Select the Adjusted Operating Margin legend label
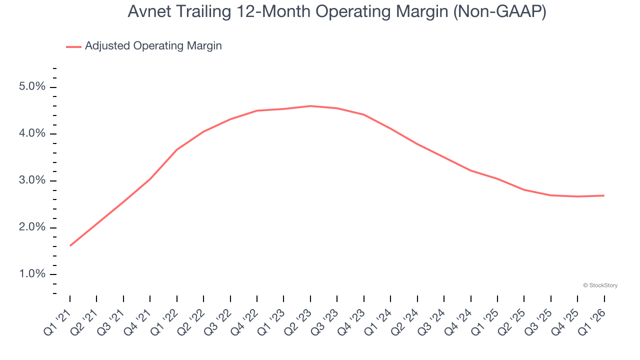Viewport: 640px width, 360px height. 153,46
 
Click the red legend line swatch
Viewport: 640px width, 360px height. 73,46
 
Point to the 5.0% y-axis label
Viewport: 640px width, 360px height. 33,87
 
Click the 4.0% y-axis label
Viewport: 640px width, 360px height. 33,134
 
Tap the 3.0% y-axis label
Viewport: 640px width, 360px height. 33,180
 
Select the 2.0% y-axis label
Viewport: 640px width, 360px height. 33,227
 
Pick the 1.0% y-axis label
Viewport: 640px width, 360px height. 33,274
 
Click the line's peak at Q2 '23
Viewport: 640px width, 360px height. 310,106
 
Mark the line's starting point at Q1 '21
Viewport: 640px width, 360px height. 70,245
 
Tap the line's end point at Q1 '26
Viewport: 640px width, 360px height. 604,195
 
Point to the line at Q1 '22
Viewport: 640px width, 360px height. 177,149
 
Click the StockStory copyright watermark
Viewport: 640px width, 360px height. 600,285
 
